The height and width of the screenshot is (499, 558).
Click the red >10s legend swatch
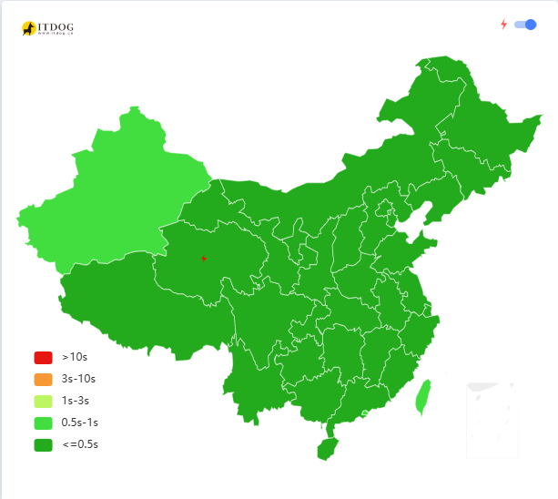tap(43, 357)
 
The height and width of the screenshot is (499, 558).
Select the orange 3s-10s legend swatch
tap(43, 379)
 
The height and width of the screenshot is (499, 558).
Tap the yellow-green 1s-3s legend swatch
tap(43, 401)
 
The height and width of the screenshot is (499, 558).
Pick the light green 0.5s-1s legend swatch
tap(43, 423)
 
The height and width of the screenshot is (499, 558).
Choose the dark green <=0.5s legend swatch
tap(43, 445)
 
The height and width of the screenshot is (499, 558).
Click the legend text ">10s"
tap(75, 357)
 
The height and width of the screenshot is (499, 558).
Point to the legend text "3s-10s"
tap(78, 379)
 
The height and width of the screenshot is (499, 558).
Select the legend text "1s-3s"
tap(76, 401)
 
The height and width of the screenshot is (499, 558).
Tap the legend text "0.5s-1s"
tap(80, 423)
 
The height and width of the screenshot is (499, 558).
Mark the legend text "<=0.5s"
tap(79, 445)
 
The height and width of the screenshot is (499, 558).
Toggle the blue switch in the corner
tap(525, 25)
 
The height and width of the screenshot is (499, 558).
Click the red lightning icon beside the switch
tap(503, 25)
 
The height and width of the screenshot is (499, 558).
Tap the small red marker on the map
tap(204, 259)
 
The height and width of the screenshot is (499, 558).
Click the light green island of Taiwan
tap(422, 397)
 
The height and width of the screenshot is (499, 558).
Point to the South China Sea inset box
tap(492, 420)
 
